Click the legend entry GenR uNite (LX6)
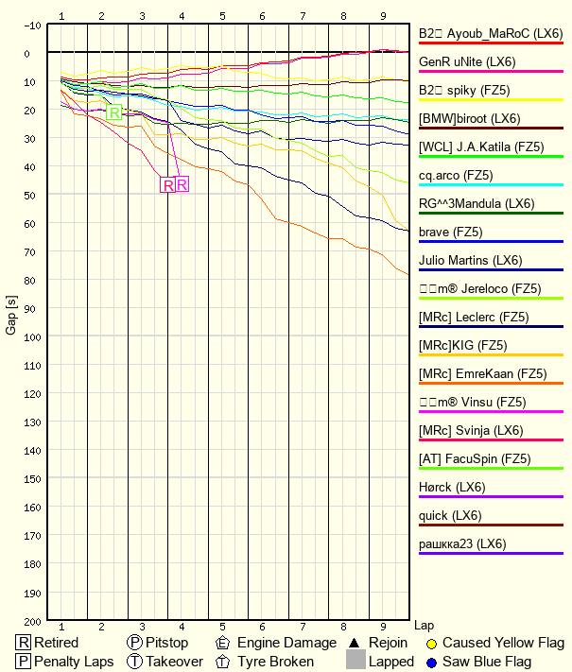click(x=468, y=61)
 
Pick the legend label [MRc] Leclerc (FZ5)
click(x=474, y=317)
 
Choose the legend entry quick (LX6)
click(x=450, y=515)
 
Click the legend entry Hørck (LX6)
click(x=452, y=487)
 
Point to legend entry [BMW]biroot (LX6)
click(x=469, y=118)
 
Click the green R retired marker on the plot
click(x=114, y=113)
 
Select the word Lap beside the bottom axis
click(x=425, y=626)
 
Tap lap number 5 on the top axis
click(x=222, y=16)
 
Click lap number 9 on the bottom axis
click(x=383, y=627)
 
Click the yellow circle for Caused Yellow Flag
click(x=431, y=644)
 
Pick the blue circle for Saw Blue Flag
click(x=431, y=662)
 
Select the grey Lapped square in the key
click(x=355, y=662)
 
